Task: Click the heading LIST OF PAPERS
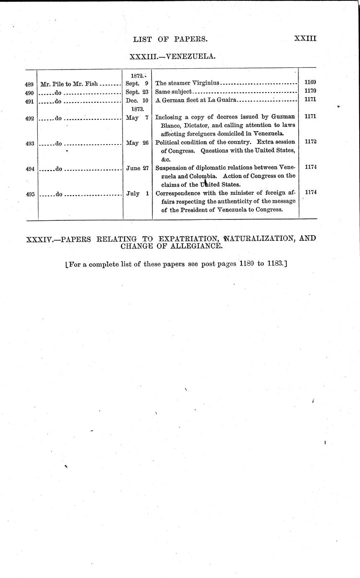(170, 39)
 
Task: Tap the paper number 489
(29, 84)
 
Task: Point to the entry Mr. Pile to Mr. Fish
(69, 84)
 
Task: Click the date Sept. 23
(137, 91)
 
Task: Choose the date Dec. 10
(137, 100)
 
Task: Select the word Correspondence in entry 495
(178, 194)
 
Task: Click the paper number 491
(29, 101)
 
